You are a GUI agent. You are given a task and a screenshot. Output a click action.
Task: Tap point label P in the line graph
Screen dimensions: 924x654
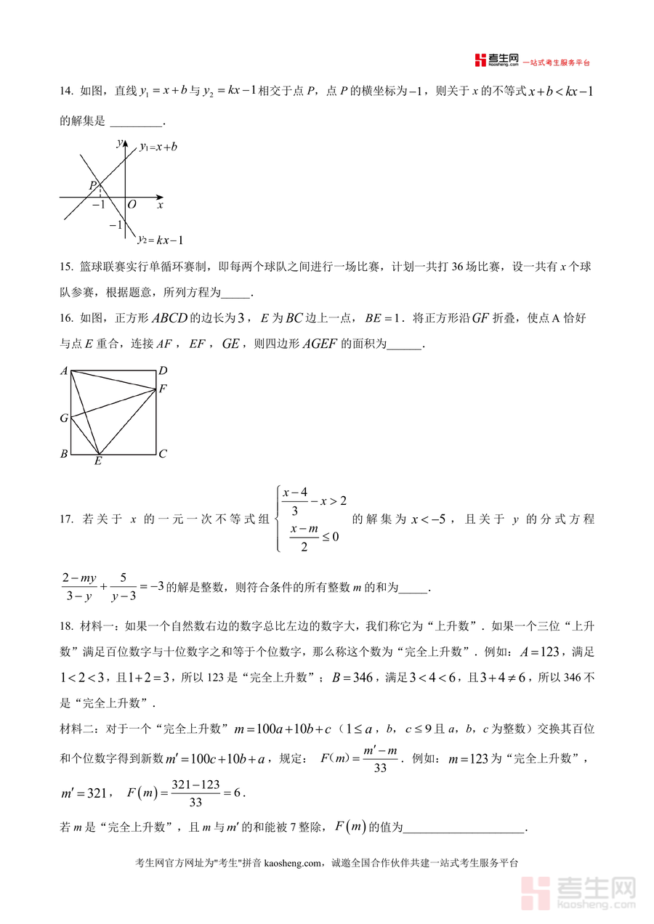pyautogui.click(x=93, y=185)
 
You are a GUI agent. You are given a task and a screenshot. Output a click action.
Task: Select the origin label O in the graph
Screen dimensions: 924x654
pyautogui.click(x=132, y=206)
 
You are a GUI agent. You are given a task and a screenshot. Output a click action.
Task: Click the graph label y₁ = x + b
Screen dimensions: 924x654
pyautogui.click(x=158, y=146)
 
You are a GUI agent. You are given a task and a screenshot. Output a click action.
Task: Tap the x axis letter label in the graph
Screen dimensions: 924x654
pyautogui.click(x=160, y=206)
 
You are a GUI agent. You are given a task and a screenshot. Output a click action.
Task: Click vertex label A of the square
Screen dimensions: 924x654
pyautogui.click(x=64, y=371)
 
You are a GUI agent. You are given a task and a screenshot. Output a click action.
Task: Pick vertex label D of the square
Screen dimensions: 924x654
pyautogui.click(x=163, y=371)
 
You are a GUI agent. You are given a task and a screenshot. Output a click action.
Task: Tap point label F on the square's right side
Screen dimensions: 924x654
pyautogui.click(x=163, y=389)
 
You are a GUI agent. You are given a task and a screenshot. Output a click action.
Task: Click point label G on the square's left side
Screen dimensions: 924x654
pyautogui.click(x=64, y=418)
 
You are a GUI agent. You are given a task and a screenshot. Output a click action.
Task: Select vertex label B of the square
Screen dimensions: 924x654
pyautogui.click(x=64, y=454)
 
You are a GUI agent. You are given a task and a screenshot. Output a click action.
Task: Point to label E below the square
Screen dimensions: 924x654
pyautogui.click(x=98, y=461)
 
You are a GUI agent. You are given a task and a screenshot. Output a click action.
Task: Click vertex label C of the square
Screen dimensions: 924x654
pyautogui.click(x=163, y=454)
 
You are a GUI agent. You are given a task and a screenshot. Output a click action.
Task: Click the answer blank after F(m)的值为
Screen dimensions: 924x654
pyautogui.click(x=464, y=827)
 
